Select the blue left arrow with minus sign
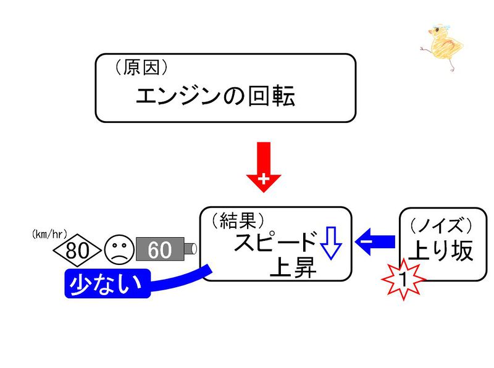coord(376,240)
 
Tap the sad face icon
coord(119,250)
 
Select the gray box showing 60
coord(159,250)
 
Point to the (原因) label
coord(141,68)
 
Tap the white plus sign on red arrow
coord(264,180)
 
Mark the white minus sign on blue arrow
coord(366,240)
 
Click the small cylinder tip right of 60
coord(191,249)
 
